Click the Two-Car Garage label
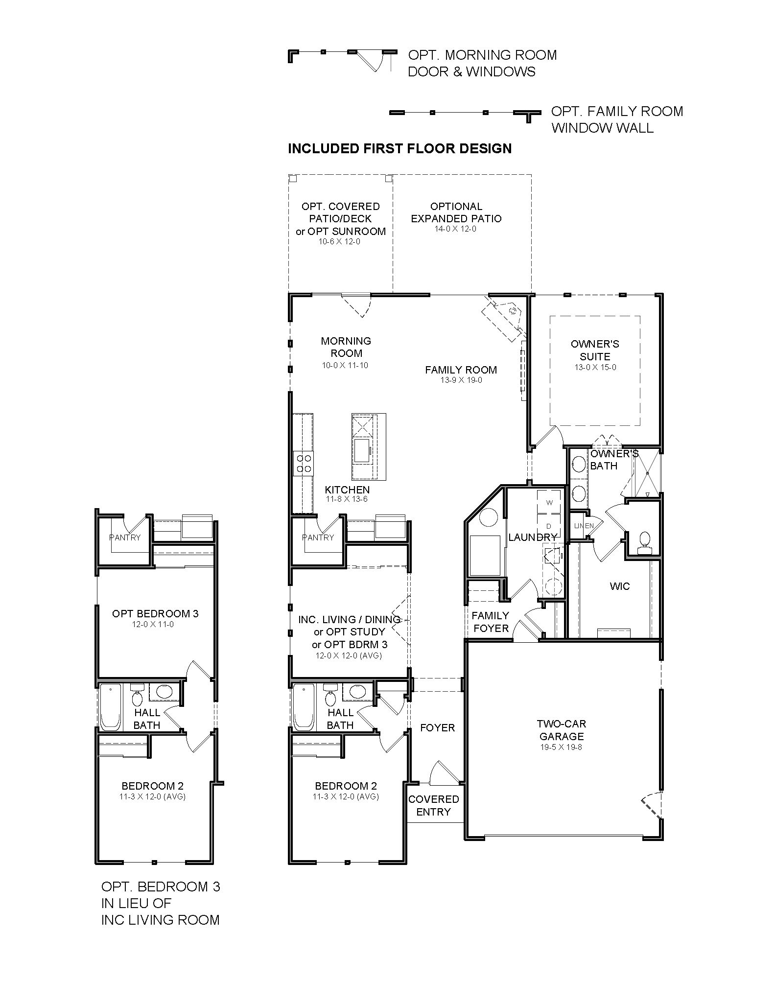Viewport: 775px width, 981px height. pyautogui.click(x=561, y=730)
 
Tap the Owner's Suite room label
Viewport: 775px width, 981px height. pyautogui.click(x=595, y=350)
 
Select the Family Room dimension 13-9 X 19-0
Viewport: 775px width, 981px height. pyautogui.click(x=461, y=380)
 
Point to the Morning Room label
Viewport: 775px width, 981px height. pyautogui.click(x=346, y=347)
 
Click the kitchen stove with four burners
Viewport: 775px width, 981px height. pyautogui.click(x=303, y=464)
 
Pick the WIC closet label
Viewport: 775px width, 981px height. pyautogui.click(x=619, y=586)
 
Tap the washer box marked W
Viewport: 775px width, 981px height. pyautogui.click(x=549, y=502)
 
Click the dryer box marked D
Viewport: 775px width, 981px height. pyautogui.click(x=549, y=526)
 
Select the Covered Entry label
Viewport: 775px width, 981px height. pyautogui.click(x=433, y=805)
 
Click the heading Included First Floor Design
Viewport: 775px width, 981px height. pyautogui.click(x=399, y=148)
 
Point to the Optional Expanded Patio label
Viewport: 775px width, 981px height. pyautogui.click(x=456, y=212)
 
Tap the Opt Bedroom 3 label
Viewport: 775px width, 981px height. pyautogui.click(x=155, y=613)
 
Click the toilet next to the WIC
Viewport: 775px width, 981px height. pyautogui.click(x=644, y=540)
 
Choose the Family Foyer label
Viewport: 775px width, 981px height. pyautogui.click(x=491, y=622)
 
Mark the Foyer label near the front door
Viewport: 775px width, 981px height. pyautogui.click(x=437, y=728)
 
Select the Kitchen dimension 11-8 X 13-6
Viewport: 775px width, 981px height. pyautogui.click(x=347, y=500)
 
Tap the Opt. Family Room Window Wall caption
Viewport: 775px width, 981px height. pyautogui.click(x=617, y=119)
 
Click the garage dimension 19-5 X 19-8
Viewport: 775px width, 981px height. pyautogui.click(x=561, y=747)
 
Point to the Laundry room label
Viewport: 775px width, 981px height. pyautogui.click(x=532, y=537)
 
